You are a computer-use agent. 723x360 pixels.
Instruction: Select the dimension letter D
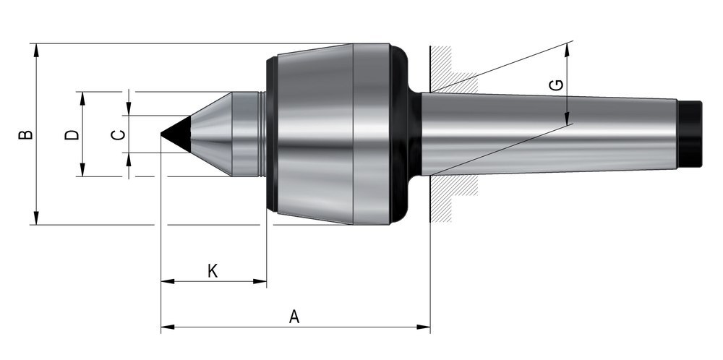72,134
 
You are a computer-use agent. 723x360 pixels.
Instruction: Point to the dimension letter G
555,85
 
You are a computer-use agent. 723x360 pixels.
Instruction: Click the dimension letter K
213,271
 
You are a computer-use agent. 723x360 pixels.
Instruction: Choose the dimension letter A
294,316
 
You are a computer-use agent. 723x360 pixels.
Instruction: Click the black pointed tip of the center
173,134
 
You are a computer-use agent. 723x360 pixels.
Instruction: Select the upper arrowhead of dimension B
35,49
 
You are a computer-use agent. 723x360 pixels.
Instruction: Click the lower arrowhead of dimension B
35,219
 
